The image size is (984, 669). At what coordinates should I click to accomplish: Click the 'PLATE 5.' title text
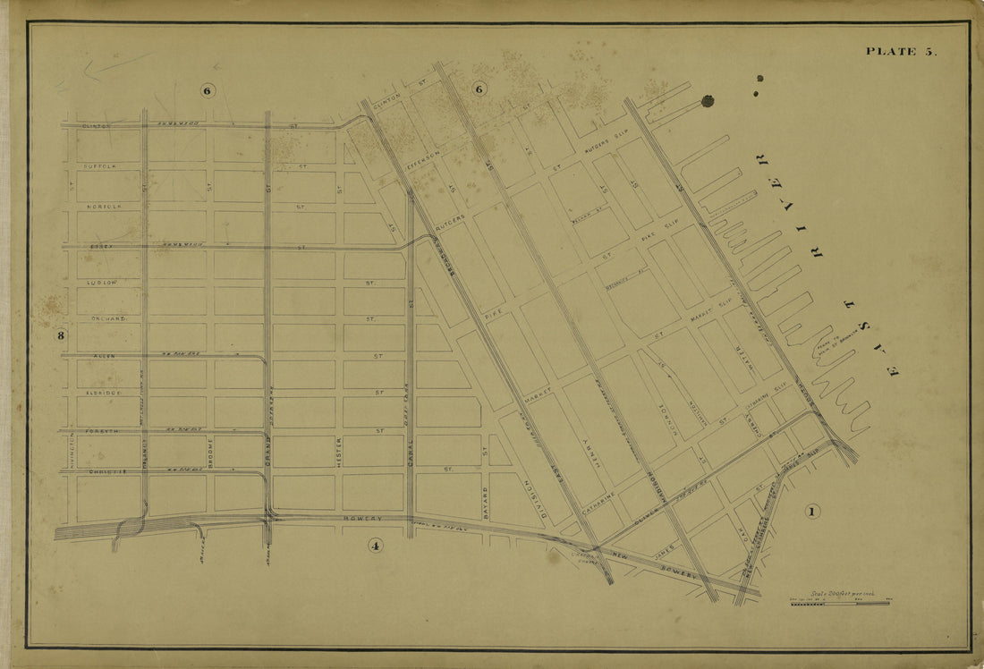click(x=900, y=51)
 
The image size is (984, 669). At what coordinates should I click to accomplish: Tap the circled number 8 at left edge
click(x=62, y=336)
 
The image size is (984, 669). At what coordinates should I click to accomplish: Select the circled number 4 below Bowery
click(x=375, y=545)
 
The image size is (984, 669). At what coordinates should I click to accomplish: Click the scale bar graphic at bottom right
click(x=839, y=603)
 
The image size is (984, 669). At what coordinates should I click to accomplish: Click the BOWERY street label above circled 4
click(x=363, y=518)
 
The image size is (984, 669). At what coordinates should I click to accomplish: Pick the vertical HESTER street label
click(x=340, y=454)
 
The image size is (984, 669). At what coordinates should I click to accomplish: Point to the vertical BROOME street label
click(x=211, y=453)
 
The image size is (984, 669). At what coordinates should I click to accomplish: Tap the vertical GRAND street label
click(x=267, y=455)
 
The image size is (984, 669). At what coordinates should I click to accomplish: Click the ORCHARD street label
click(x=107, y=318)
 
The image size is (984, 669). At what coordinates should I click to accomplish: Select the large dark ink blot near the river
click(x=708, y=101)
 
